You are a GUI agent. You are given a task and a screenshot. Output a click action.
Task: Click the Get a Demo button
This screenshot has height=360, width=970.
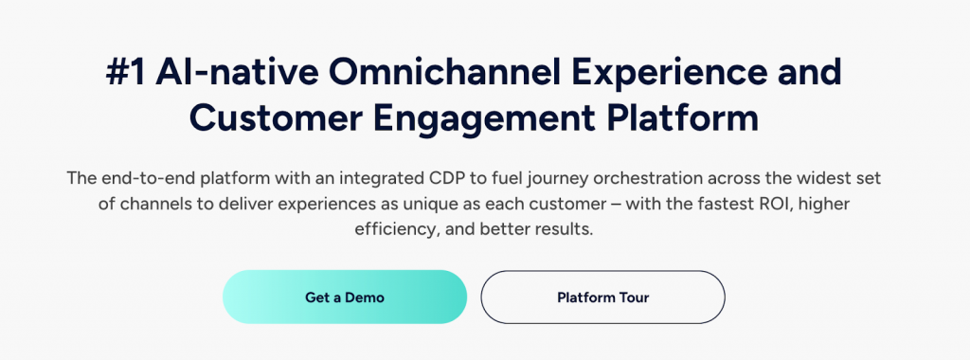(345, 297)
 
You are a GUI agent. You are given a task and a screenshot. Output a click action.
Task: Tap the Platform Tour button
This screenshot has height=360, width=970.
(602, 297)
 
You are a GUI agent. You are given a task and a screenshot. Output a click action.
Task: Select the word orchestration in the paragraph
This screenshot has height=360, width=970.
(661, 179)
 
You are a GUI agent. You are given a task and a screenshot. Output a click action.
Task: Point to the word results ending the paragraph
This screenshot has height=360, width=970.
(567, 229)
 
